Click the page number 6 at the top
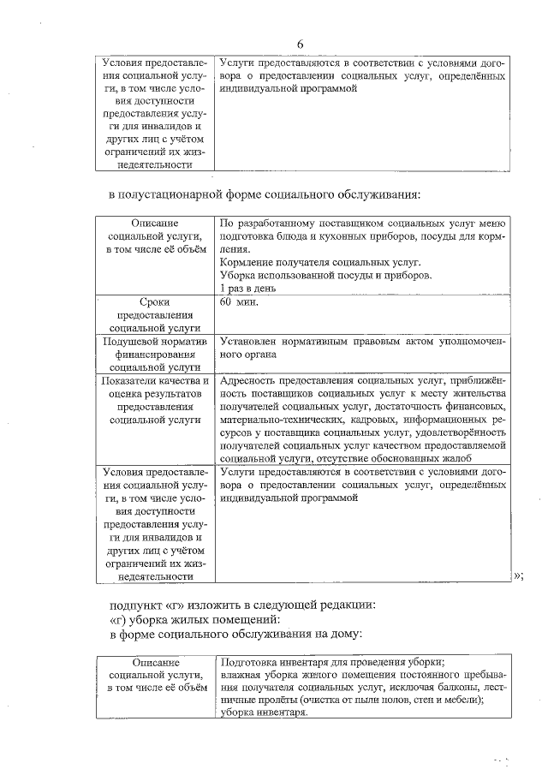click(x=300, y=44)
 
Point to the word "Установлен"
click(x=248, y=341)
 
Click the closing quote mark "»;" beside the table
click(x=517, y=575)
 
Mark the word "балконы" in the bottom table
click(x=458, y=688)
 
